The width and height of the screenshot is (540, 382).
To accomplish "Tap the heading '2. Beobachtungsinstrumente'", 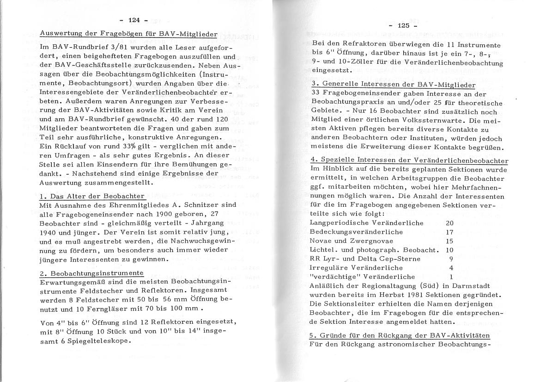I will point(91,273).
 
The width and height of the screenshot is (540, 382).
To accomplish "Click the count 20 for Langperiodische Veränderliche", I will point(449,223).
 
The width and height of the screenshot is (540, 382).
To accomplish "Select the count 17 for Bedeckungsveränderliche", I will point(449,232).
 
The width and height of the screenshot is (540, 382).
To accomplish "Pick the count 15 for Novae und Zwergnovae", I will point(449,241).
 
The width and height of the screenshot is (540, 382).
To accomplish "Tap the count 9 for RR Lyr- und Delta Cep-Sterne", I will point(451,259).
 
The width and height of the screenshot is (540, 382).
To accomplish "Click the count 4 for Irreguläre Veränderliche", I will point(451,267).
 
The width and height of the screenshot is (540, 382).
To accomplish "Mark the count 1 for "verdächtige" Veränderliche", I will point(451,277).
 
